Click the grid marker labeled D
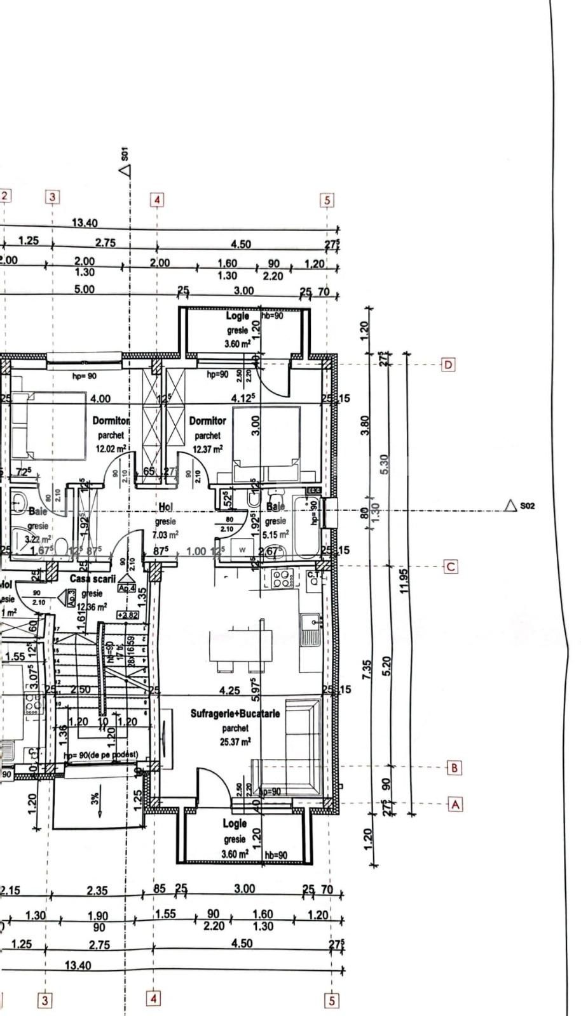pyautogui.click(x=449, y=365)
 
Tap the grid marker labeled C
pyautogui.click(x=450, y=566)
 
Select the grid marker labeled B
pyautogui.click(x=454, y=768)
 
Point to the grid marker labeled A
pyautogui.click(x=455, y=805)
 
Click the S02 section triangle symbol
pyautogui.click(x=509, y=505)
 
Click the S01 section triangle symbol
pyautogui.click(x=125, y=170)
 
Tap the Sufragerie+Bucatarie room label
pyautogui.click(x=235, y=714)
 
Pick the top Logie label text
pyautogui.click(x=237, y=316)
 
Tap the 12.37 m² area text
pyautogui.click(x=208, y=449)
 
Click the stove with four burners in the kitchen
pyautogui.click(x=283, y=578)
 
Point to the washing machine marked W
pyautogui.click(x=242, y=549)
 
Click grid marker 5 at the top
pyautogui.click(x=327, y=201)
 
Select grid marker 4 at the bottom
pyautogui.click(x=153, y=998)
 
